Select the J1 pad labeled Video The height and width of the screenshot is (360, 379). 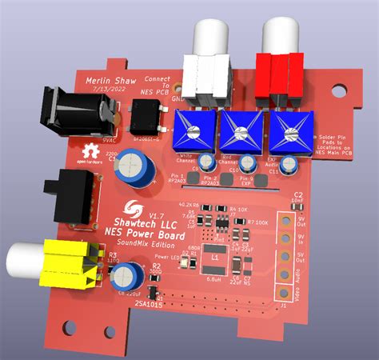click(285, 295)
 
